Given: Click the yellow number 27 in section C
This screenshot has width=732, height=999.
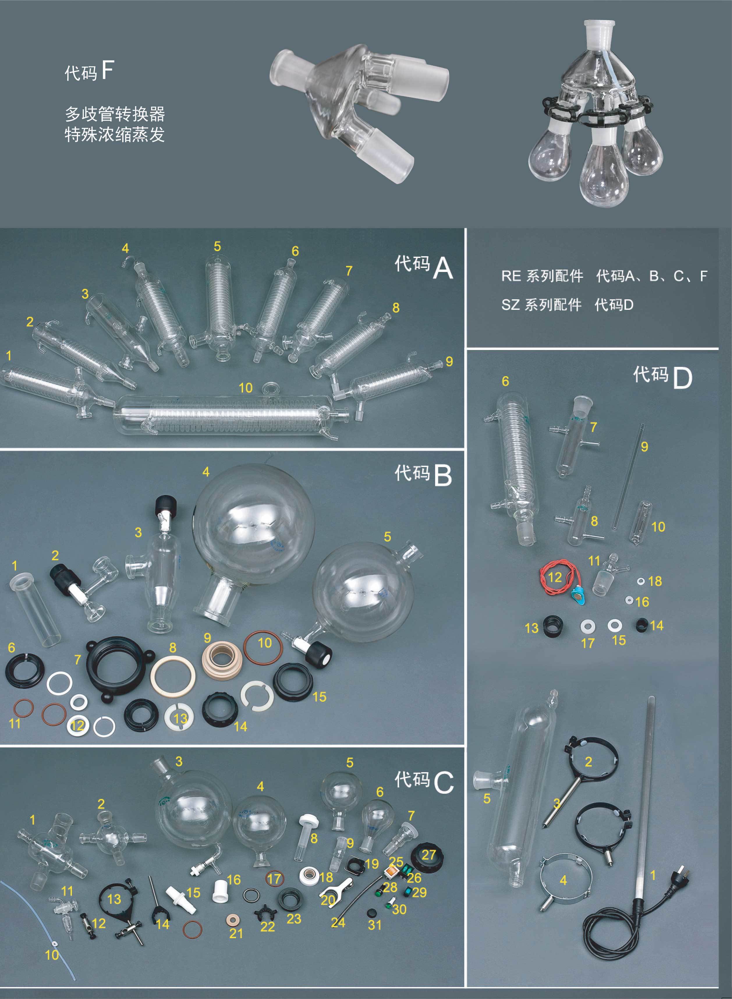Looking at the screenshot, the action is (x=428, y=854).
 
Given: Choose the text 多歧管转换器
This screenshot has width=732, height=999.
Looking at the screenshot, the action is (x=115, y=114).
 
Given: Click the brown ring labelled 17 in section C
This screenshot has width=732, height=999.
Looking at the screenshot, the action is (x=274, y=878).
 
